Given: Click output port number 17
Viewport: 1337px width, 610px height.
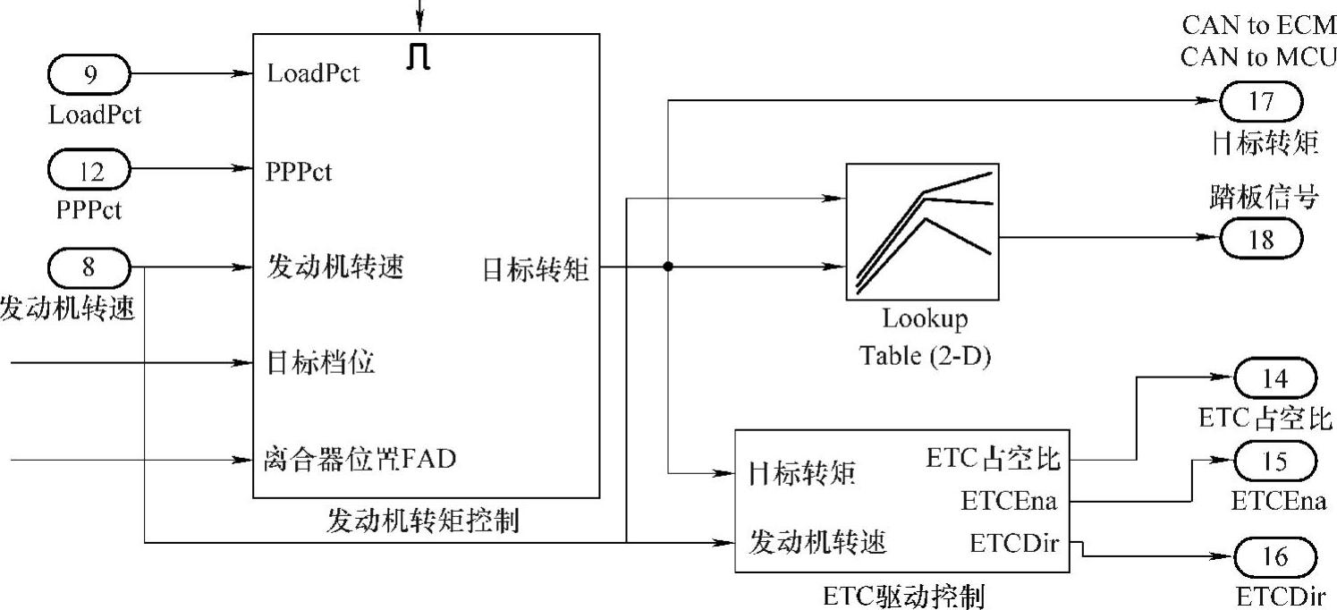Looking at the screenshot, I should [1261, 100].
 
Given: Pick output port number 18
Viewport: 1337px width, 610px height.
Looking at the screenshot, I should [1261, 239].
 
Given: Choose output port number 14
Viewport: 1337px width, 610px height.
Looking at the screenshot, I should [1275, 378].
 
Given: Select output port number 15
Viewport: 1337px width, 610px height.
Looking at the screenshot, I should [1275, 462].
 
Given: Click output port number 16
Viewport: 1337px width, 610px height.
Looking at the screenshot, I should [1275, 557].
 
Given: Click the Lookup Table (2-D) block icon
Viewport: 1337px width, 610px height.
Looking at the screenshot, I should [922, 232].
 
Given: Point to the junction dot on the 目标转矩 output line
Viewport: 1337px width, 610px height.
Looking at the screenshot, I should [667, 267].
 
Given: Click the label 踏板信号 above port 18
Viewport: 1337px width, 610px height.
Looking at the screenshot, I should [1260, 198].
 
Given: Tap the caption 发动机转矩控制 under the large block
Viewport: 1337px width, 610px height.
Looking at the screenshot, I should [423, 521].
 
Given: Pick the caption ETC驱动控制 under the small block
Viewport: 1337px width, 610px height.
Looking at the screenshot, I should [908, 595].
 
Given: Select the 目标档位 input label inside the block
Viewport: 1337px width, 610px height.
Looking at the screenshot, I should [320, 363].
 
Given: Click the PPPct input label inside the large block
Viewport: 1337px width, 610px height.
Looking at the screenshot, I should [299, 171].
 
